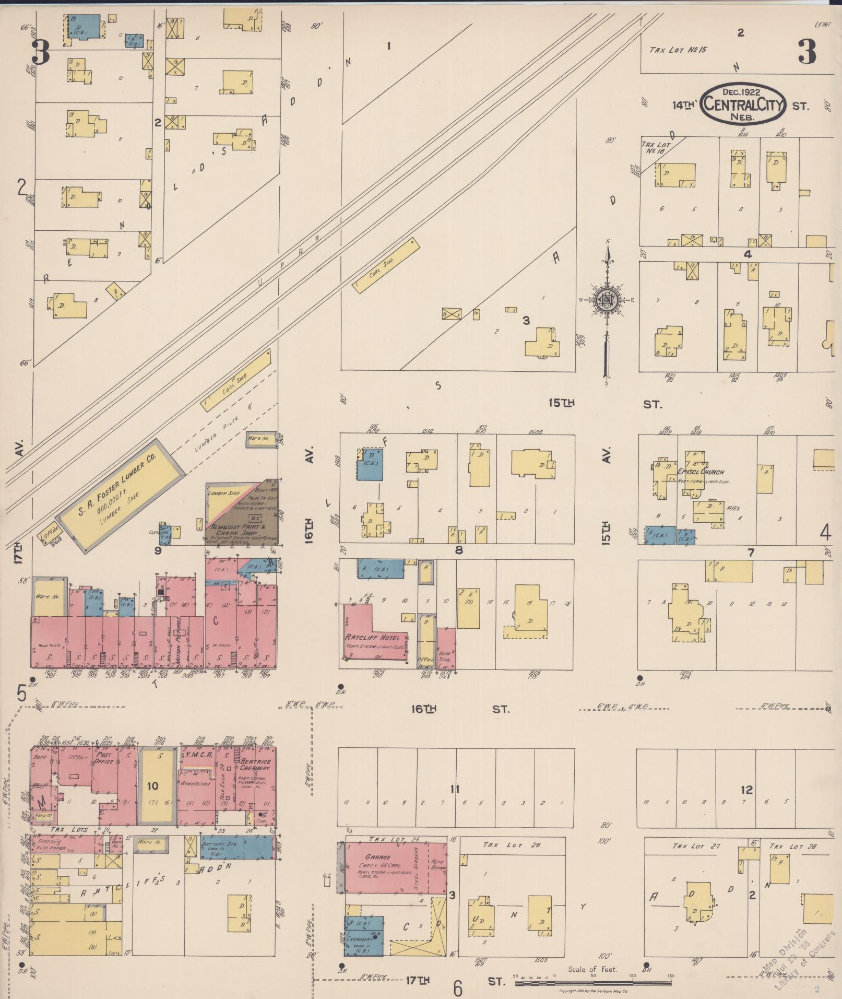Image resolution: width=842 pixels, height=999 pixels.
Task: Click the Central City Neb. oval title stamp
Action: pyautogui.click(x=743, y=103)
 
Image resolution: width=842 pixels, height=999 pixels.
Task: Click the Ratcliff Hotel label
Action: pyautogui.click(x=372, y=638)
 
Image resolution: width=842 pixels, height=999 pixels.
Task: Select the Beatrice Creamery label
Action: pyautogui.click(x=255, y=765)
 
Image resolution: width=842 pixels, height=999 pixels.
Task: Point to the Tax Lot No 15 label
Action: pyautogui.click(x=678, y=50)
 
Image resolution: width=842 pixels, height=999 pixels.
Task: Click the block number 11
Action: pyautogui.click(x=455, y=789)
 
